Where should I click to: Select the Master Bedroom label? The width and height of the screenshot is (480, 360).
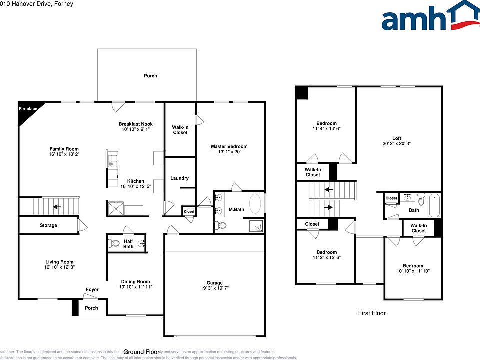229,147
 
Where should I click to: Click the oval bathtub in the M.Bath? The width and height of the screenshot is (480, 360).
255,203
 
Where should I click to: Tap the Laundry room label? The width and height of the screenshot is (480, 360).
179,178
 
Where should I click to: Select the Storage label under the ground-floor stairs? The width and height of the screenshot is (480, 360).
48,225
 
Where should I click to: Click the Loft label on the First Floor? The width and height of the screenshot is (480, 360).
396,138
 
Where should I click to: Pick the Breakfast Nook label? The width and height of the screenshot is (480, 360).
135,124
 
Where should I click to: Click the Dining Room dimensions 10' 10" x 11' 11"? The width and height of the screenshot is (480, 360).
135,287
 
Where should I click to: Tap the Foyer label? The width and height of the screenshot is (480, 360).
92,290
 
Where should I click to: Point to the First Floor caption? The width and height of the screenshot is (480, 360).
372,313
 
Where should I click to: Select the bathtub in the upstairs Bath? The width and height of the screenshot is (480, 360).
434,206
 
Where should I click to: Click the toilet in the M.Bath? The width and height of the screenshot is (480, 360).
221,226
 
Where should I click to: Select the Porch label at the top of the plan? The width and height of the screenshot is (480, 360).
150,76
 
